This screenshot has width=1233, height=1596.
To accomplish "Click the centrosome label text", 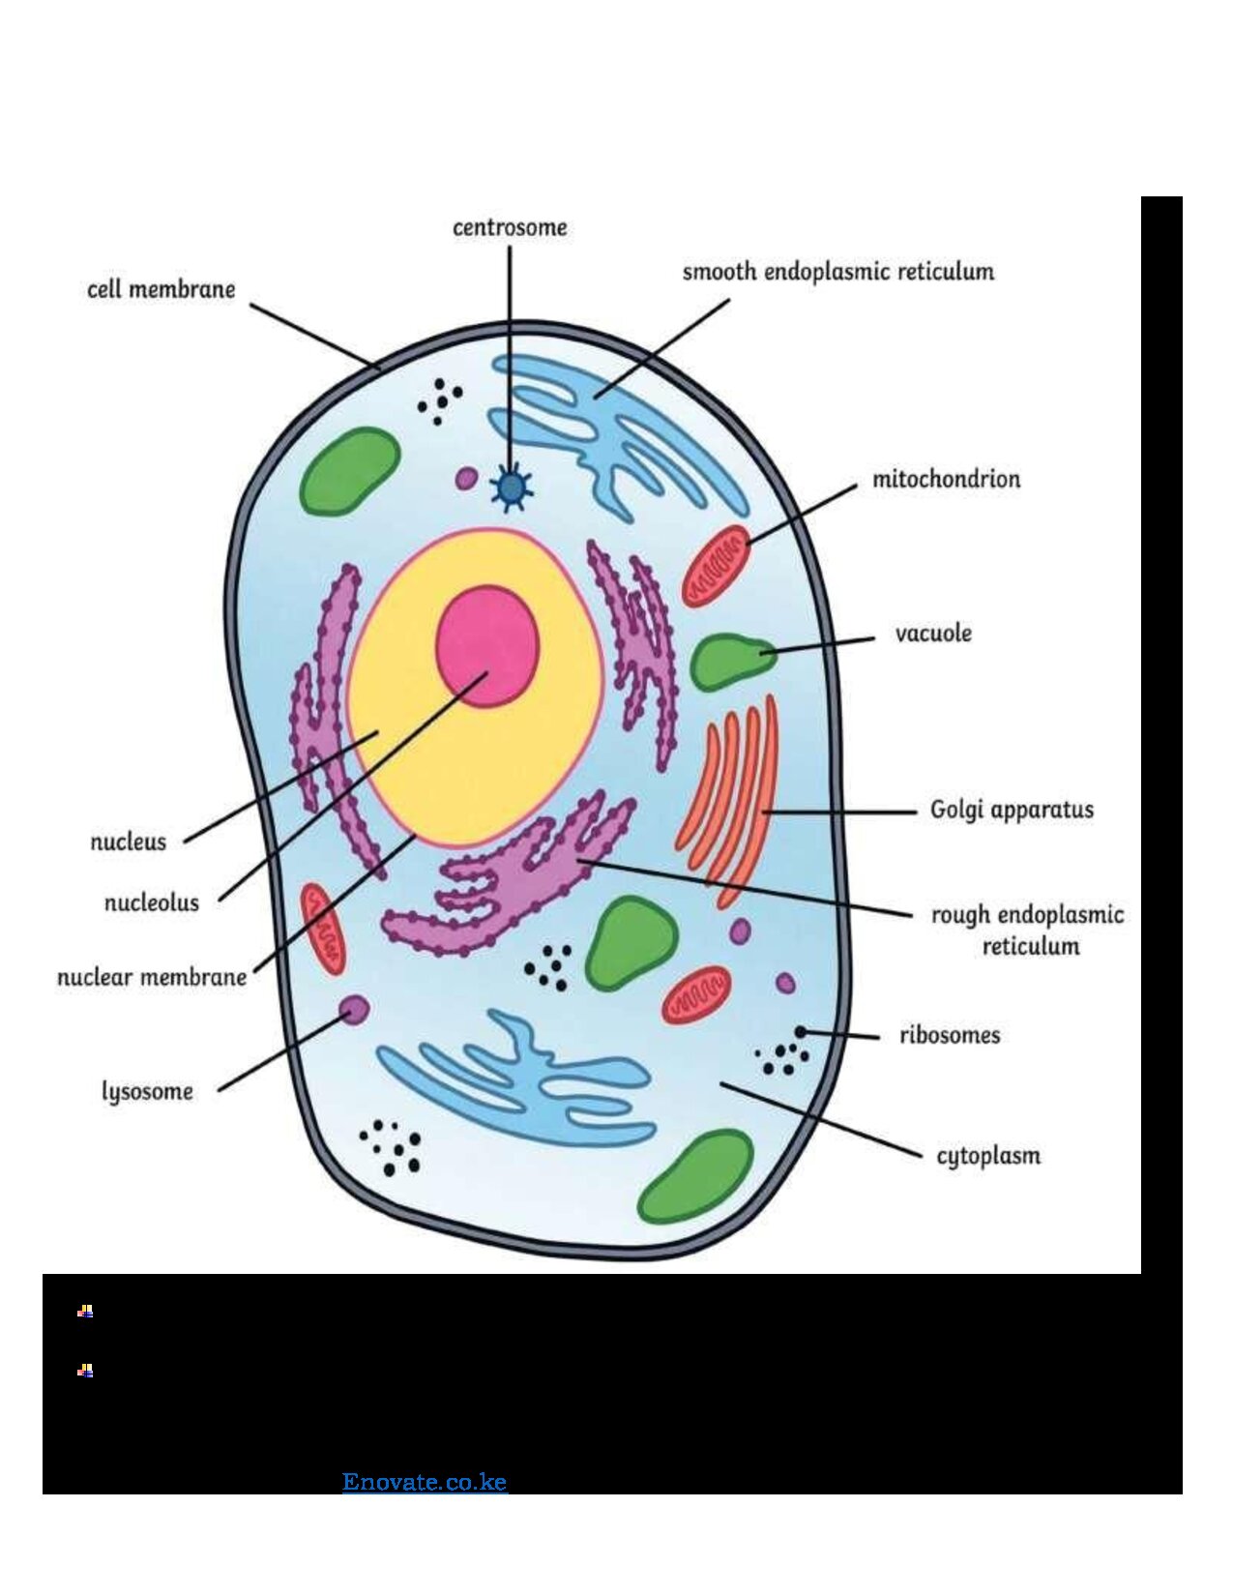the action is click(510, 227).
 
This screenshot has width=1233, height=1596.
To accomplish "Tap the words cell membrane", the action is click(161, 289).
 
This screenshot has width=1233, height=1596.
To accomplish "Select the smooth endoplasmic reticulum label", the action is click(837, 272).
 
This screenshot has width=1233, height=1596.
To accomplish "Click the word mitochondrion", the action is click(946, 479).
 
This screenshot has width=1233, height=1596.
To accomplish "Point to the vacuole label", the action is click(933, 634).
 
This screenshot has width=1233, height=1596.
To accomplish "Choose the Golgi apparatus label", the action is click(1012, 810).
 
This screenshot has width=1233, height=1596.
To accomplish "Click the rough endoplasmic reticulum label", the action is click(1027, 930).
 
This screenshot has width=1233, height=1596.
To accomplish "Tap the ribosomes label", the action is click(951, 1035).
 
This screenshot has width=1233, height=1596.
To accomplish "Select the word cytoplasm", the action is click(988, 1155).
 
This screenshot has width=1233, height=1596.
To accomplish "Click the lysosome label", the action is click(148, 1091).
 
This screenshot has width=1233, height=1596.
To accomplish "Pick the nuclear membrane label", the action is click(152, 978).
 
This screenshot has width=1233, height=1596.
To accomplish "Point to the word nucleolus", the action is click(152, 901).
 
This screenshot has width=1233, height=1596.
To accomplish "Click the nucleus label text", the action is click(129, 842).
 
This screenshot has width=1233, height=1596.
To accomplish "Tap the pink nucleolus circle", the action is click(487, 646).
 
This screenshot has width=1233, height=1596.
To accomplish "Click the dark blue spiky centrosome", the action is click(511, 487).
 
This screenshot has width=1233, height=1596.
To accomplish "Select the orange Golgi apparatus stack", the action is click(728, 801).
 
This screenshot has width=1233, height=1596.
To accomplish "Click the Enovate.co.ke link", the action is click(425, 1482).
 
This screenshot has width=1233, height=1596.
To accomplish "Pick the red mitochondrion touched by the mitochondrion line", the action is click(716, 566).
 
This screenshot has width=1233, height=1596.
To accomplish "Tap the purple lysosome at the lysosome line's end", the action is click(355, 1010).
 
